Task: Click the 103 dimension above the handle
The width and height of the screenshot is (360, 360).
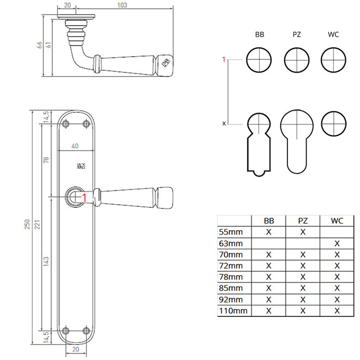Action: pos(122,5)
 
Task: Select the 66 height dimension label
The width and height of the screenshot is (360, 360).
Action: pos(39,45)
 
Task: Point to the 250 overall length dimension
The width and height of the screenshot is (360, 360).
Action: pos(27,224)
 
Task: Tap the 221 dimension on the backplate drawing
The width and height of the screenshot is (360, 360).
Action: pos(37,224)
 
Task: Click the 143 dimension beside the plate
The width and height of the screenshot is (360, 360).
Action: pos(46,261)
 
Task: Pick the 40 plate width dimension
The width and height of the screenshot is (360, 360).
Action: pos(75,146)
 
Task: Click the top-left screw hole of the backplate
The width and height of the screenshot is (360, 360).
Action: pos(66,124)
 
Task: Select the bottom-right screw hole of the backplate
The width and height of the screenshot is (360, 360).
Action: pos(86,331)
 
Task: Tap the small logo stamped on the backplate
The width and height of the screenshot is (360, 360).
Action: pos(81,166)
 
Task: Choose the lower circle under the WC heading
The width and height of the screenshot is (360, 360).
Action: pos(333,124)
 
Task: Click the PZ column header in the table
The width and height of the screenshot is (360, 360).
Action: pos(303,221)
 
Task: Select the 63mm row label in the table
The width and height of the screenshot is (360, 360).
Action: pos(231,243)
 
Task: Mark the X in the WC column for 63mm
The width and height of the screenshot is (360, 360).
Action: pos(337,243)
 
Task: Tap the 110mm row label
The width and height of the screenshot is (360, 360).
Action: pos(233,311)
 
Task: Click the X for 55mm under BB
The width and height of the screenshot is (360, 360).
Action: pos(268,232)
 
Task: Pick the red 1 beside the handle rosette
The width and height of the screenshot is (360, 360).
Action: pos(84,197)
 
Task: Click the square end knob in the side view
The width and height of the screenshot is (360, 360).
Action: pos(164,65)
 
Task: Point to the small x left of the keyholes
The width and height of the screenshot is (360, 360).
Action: pos(224,124)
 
